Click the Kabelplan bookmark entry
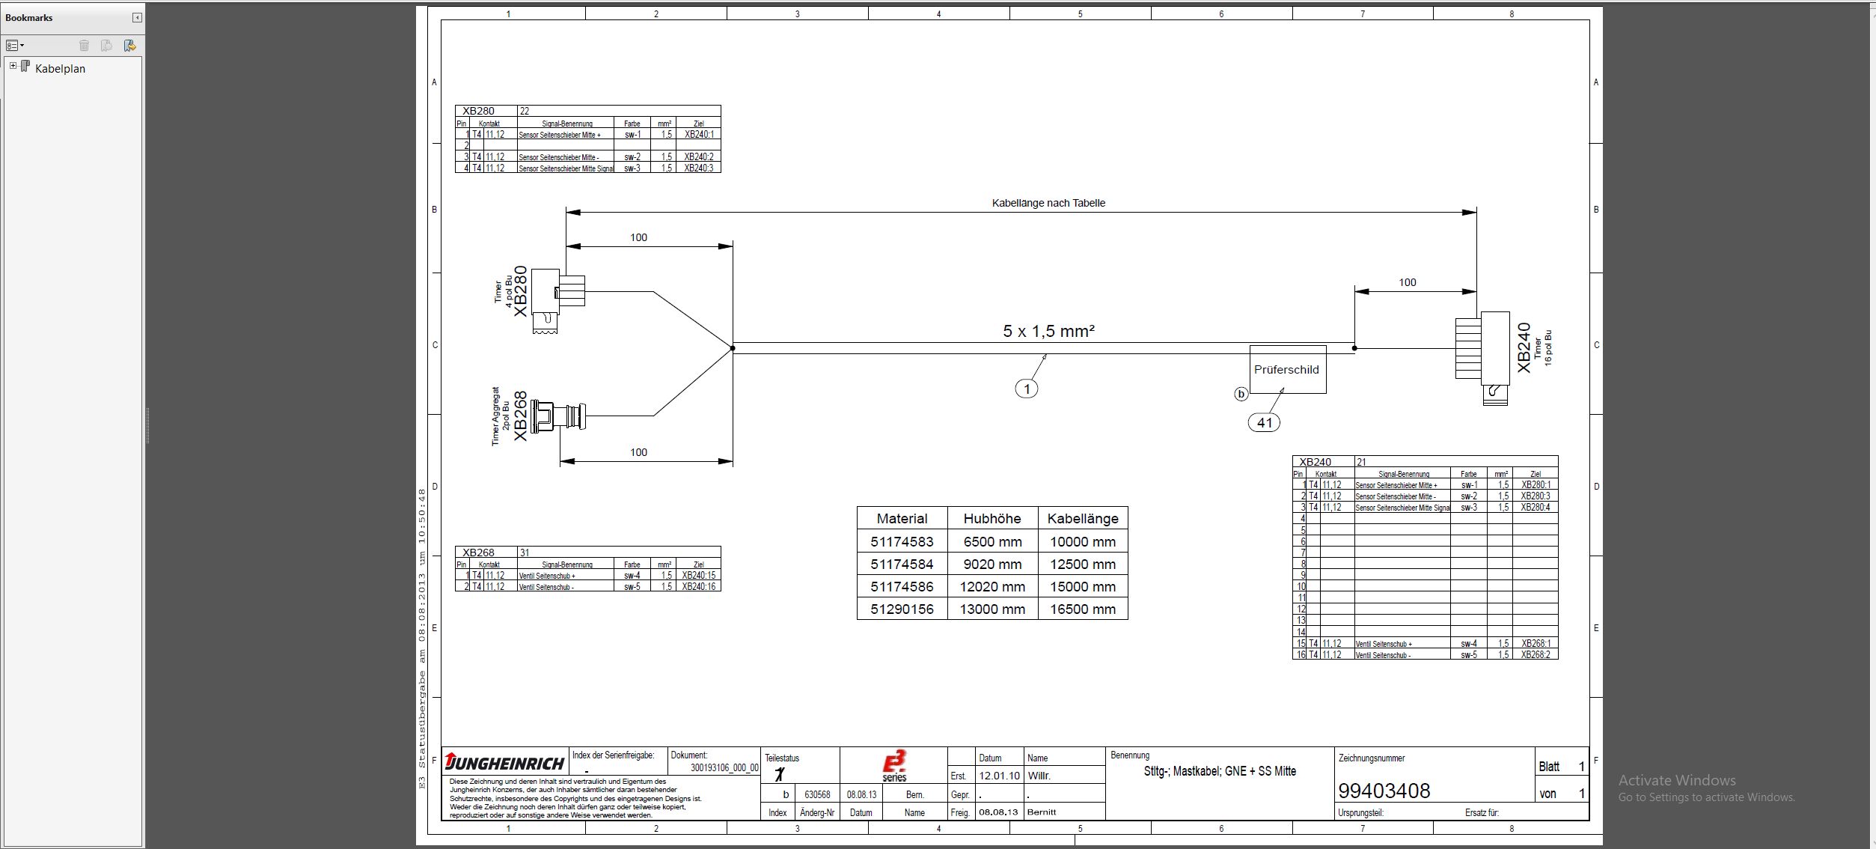(x=60, y=69)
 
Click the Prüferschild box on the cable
(x=1287, y=370)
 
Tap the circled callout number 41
(x=1264, y=423)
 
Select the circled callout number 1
(x=1027, y=389)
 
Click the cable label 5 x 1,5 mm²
(x=1048, y=331)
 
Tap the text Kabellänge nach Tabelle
(x=1048, y=203)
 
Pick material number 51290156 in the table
(x=902, y=609)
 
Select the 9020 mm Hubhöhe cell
(x=992, y=565)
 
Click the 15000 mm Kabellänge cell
(x=1082, y=587)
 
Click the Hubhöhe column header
(x=992, y=519)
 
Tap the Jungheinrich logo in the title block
(x=505, y=763)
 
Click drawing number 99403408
(x=1384, y=791)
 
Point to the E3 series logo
(x=894, y=766)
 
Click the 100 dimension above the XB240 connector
(x=1408, y=282)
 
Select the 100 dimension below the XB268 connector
(x=638, y=452)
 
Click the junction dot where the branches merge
(x=733, y=348)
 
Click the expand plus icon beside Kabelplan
(x=13, y=66)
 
